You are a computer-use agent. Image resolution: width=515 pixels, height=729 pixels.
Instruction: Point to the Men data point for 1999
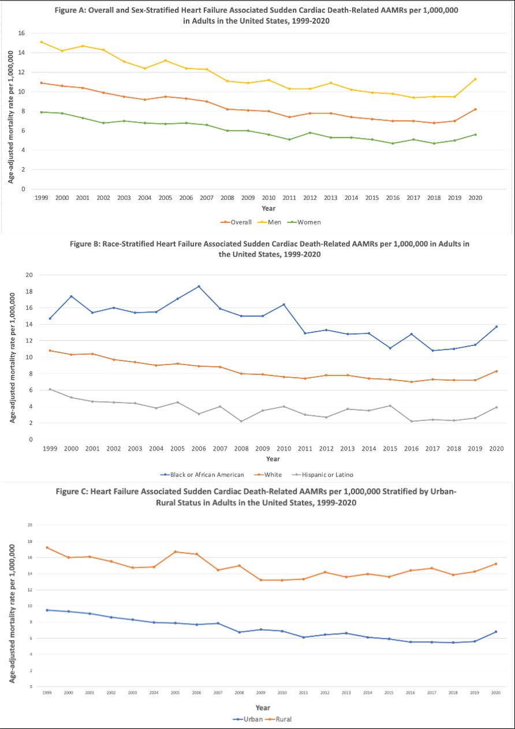(x=41, y=42)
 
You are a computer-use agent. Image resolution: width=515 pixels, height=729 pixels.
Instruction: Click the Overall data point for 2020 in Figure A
(x=475, y=109)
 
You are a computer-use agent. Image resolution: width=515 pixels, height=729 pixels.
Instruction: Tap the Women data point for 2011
(x=289, y=139)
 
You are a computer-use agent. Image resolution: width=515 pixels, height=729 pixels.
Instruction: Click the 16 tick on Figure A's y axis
(x=21, y=34)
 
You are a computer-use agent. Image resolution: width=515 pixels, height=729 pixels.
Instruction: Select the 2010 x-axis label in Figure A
(x=268, y=198)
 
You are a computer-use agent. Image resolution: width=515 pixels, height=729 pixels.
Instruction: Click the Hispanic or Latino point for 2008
(x=241, y=421)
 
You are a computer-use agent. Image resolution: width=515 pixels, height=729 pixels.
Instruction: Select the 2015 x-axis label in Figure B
(x=390, y=448)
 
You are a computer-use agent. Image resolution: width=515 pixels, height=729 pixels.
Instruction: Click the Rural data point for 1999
(x=47, y=548)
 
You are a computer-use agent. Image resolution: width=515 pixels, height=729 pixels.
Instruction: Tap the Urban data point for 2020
(x=496, y=631)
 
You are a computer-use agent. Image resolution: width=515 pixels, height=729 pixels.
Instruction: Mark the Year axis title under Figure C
(x=263, y=708)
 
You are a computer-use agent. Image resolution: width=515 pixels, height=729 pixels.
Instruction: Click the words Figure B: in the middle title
(x=86, y=244)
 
